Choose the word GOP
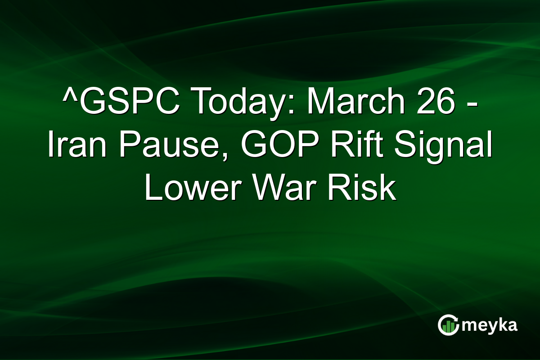click(268, 146)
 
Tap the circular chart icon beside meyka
click(448, 325)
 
